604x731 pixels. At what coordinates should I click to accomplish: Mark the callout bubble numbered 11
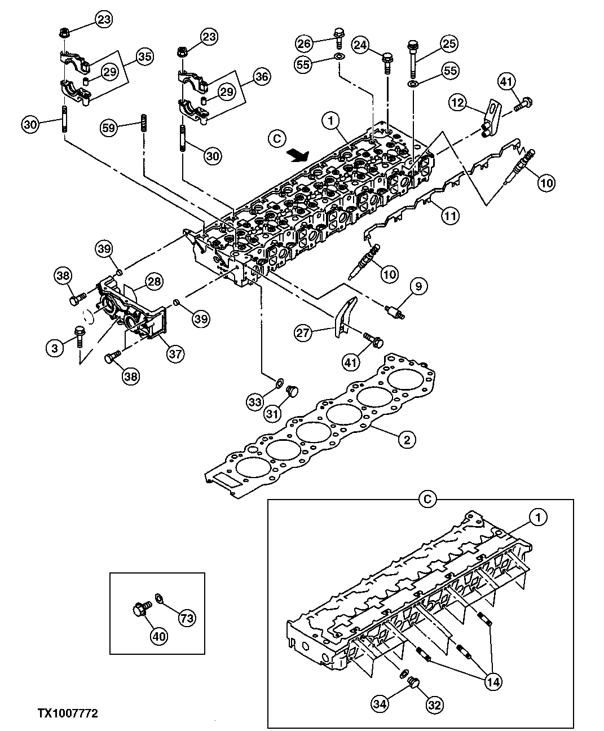click(x=449, y=215)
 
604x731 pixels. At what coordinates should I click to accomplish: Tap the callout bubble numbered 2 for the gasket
click(x=406, y=440)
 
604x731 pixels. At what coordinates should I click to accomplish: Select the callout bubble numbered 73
click(x=187, y=618)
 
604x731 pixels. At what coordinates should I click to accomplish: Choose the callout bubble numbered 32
click(x=435, y=704)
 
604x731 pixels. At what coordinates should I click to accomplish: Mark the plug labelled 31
click(x=292, y=391)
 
